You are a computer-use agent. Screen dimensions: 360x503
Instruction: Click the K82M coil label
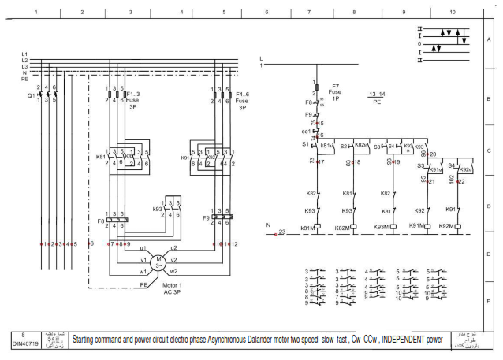[x=342, y=228]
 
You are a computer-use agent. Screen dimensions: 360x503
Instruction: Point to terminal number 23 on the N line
[x=282, y=232]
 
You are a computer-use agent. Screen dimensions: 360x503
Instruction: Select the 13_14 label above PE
[x=376, y=95]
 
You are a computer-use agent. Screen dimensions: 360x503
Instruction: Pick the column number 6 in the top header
[x=266, y=13]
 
